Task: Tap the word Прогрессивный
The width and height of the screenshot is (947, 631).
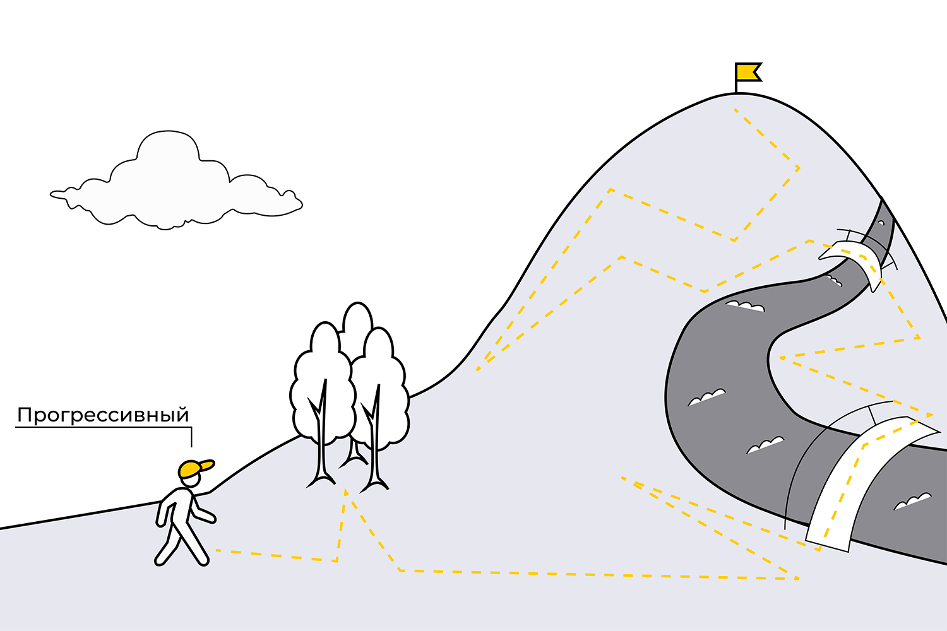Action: [103, 415]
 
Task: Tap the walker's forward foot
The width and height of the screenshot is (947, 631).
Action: [202, 560]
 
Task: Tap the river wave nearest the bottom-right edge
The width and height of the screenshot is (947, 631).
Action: [913, 501]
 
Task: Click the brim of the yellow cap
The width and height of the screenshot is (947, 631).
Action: [207, 465]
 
